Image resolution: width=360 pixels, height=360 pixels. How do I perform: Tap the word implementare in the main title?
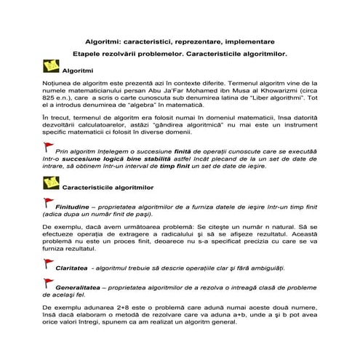249,42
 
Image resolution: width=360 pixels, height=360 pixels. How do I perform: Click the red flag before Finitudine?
47,204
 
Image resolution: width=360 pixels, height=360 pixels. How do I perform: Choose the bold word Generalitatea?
79,288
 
